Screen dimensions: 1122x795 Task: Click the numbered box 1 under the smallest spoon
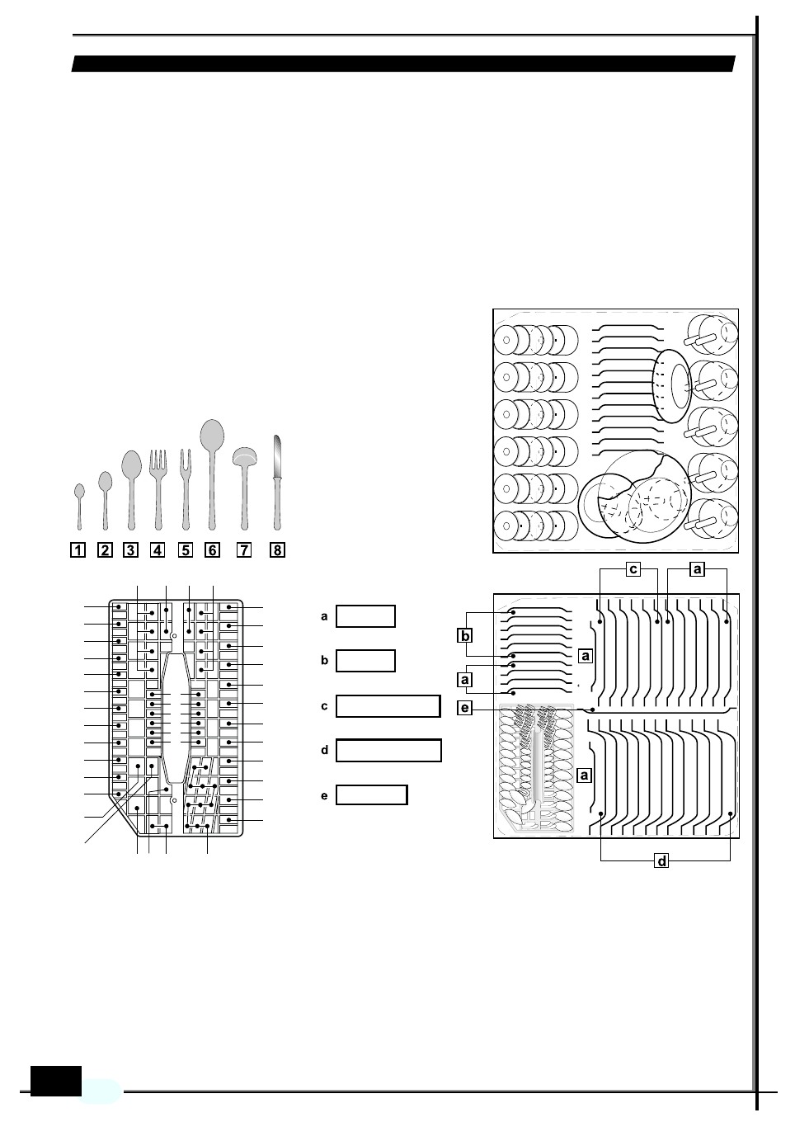78,550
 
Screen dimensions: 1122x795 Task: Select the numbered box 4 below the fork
158,550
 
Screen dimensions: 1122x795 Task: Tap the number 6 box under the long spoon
212,550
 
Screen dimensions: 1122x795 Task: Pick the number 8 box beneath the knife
277,550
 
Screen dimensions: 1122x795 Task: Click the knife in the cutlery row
277,483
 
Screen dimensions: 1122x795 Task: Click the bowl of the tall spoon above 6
212,436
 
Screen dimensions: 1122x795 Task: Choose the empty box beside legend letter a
365,616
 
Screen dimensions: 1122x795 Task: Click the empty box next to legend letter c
388,706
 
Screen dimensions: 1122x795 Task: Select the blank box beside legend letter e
372,795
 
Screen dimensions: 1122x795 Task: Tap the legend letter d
325,751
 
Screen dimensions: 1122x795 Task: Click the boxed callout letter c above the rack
633,568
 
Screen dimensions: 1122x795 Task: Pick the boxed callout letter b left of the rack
465,636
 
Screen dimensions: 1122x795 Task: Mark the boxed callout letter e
465,708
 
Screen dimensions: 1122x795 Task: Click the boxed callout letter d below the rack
661,861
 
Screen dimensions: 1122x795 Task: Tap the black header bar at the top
403,64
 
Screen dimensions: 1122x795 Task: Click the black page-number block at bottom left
56,1081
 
